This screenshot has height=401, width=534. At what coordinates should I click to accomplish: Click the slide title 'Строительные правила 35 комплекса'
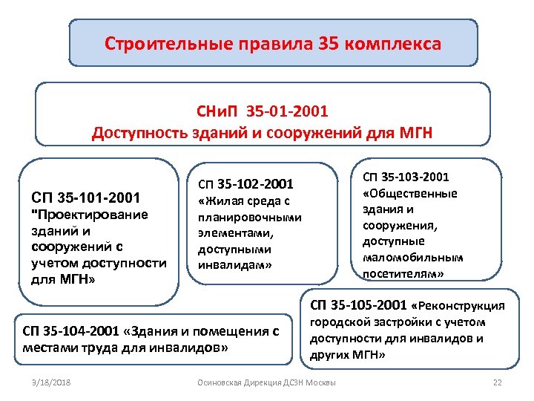pyautogui.click(x=272, y=44)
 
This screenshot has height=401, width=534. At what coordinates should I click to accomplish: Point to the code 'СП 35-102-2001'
pyautogui.click(x=245, y=183)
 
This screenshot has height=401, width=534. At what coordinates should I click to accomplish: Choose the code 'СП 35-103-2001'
pyautogui.click(x=406, y=177)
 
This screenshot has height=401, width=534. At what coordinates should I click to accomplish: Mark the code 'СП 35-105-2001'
pyautogui.click(x=358, y=304)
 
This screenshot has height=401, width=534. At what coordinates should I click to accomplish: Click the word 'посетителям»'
pyautogui.click(x=403, y=274)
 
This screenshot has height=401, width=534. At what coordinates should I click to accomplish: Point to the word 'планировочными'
pyautogui.click(x=249, y=217)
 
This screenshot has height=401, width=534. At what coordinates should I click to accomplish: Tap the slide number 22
pyautogui.click(x=498, y=382)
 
